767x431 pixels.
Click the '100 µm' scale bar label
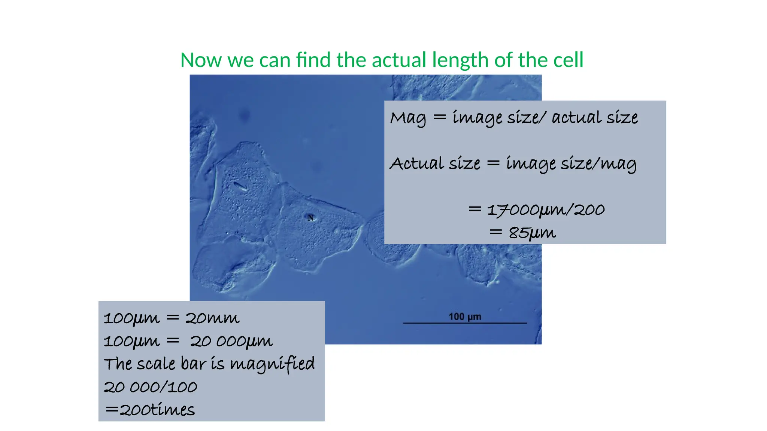pos(465,317)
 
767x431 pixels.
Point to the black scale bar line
pos(465,323)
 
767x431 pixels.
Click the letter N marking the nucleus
pos(310,218)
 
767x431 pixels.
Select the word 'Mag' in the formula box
pos(408,118)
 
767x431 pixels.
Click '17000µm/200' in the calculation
pos(546,210)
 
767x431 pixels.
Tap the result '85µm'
pos(532,233)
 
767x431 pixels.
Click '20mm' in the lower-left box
pos(212,318)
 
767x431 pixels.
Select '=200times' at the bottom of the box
pos(150,410)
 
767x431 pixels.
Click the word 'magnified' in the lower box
pos(272,364)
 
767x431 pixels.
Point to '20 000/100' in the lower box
pos(150,387)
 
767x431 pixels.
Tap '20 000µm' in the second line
pos(231,341)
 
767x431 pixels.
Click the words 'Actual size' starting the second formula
pos(435,164)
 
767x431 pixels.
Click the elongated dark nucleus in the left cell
pos(240,186)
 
